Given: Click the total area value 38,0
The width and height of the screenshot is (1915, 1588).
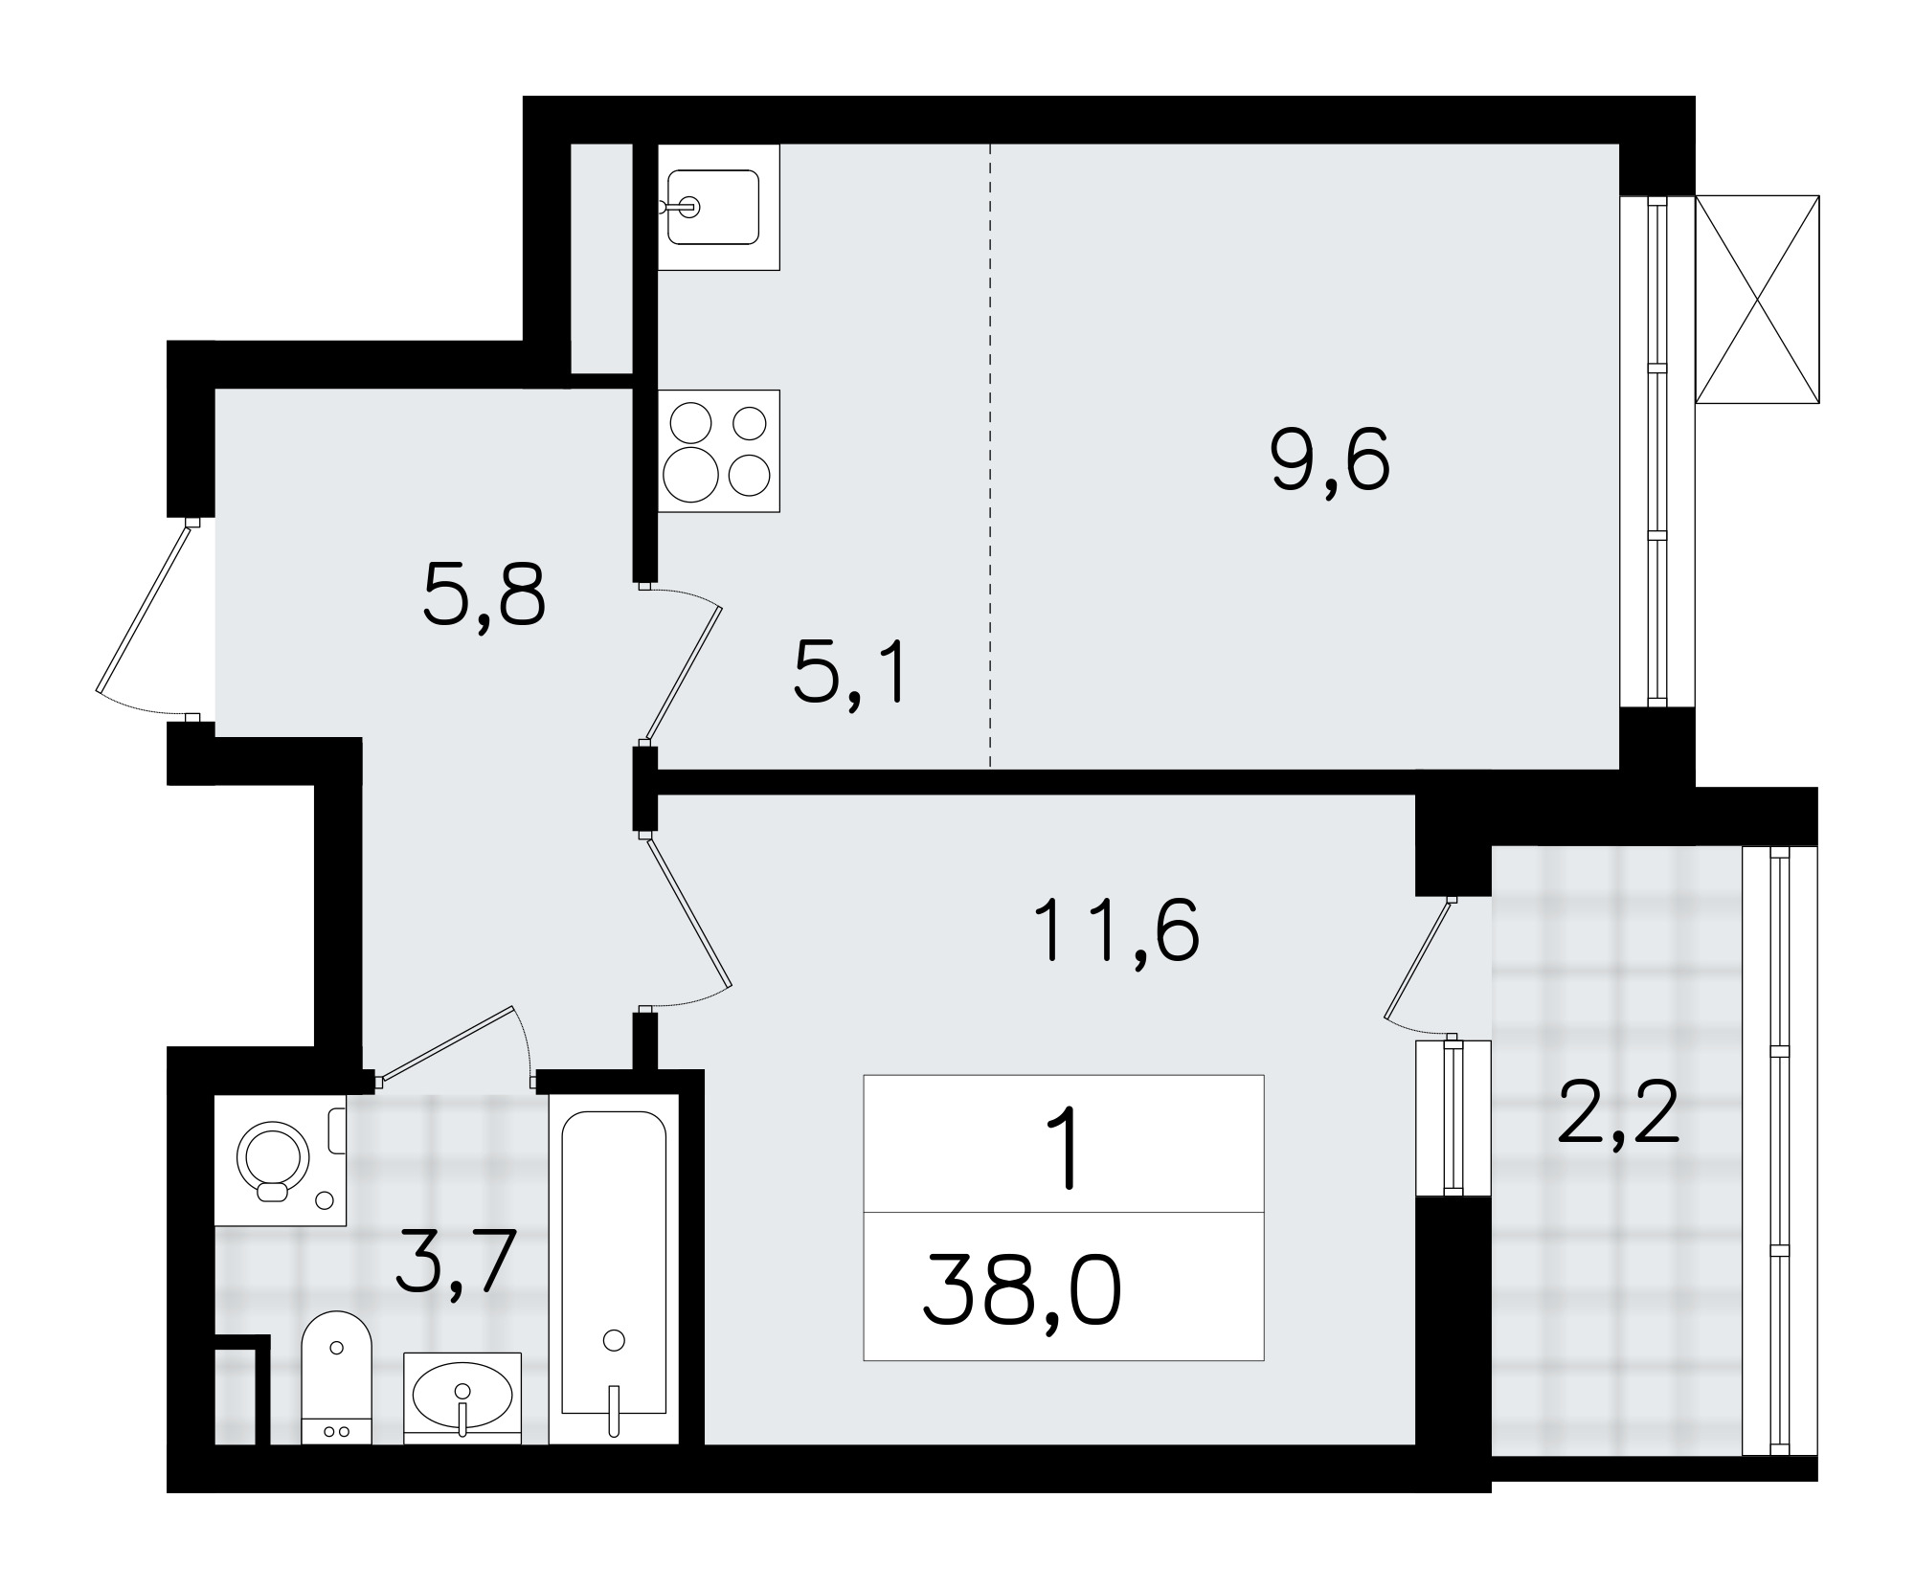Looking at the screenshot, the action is click(1022, 1291).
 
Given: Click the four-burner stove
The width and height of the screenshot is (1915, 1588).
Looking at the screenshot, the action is click(718, 451).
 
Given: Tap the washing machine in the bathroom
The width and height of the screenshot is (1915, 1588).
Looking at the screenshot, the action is click(280, 1159).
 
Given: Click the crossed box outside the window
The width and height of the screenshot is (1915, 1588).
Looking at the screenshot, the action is click(1757, 300).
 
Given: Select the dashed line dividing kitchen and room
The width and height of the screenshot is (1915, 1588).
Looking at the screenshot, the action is click(990, 456).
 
